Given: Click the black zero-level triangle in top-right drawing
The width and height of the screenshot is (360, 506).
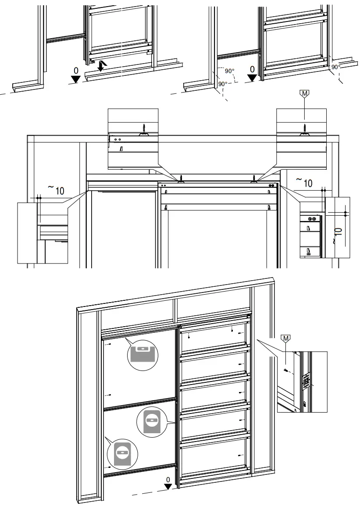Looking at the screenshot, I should pos(252,78).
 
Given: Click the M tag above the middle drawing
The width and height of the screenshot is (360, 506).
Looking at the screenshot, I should pos(304,93).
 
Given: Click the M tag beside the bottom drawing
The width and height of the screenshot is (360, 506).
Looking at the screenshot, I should pos(286,338).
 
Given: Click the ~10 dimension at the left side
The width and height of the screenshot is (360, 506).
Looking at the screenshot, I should pos(56,190).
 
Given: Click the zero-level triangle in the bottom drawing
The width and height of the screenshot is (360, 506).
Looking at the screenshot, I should pos(168,485).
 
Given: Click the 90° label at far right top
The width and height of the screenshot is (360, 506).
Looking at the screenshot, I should pos(336,67).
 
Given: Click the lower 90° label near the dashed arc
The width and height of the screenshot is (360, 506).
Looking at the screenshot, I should pos(222,83).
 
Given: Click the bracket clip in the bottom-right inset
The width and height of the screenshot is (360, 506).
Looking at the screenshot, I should pos(306,380).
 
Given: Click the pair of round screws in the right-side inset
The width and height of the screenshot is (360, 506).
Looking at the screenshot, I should pos(312,218).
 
